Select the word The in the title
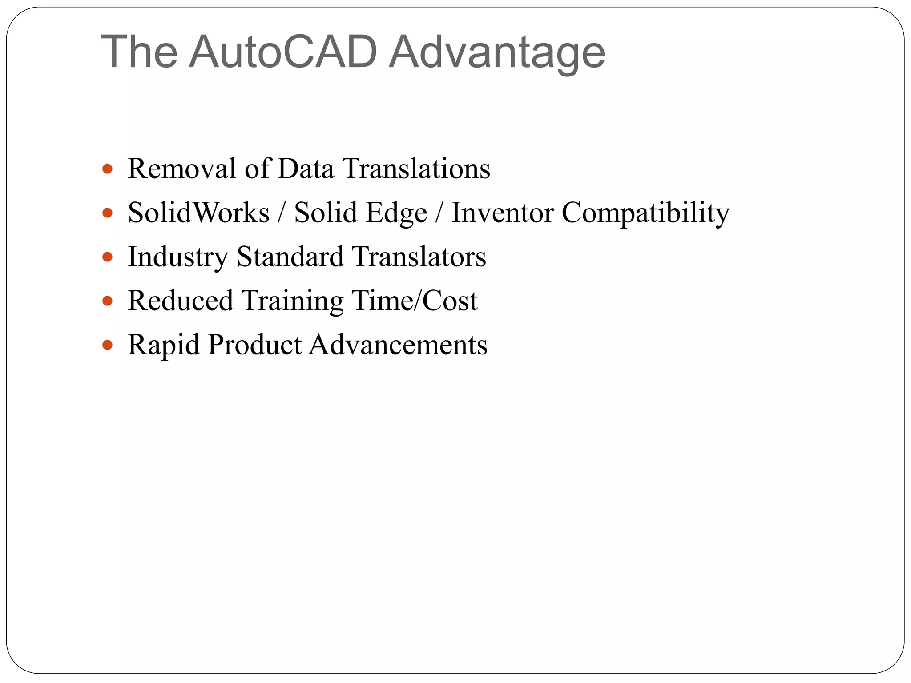[139, 52]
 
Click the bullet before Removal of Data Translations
[107, 169]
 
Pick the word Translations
[416, 169]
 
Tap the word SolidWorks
[198, 213]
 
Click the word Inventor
[502, 213]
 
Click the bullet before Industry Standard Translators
[107, 257]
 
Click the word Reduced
[180, 301]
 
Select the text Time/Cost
[414, 301]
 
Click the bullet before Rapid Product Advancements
[107, 345]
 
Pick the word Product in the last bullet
[255, 345]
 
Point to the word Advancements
[399, 345]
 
